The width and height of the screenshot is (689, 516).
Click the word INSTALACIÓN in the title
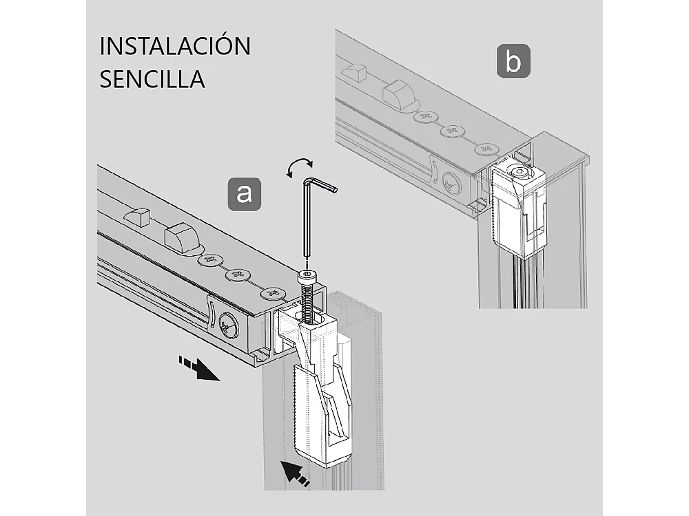[x=175, y=46]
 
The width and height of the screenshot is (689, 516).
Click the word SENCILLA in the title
[x=152, y=78]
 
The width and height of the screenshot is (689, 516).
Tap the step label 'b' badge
[x=513, y=61]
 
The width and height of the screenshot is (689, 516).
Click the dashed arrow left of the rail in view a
[x=198, y=368]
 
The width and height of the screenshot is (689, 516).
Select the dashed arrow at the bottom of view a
[x=296, y=473]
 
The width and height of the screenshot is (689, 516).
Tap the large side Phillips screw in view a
[x=228, y=327]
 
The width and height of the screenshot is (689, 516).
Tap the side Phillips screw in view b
[x=452, y=184]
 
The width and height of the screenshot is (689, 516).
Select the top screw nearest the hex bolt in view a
[x=274, y=294]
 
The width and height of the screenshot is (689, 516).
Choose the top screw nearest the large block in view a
[x=209, y=260]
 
